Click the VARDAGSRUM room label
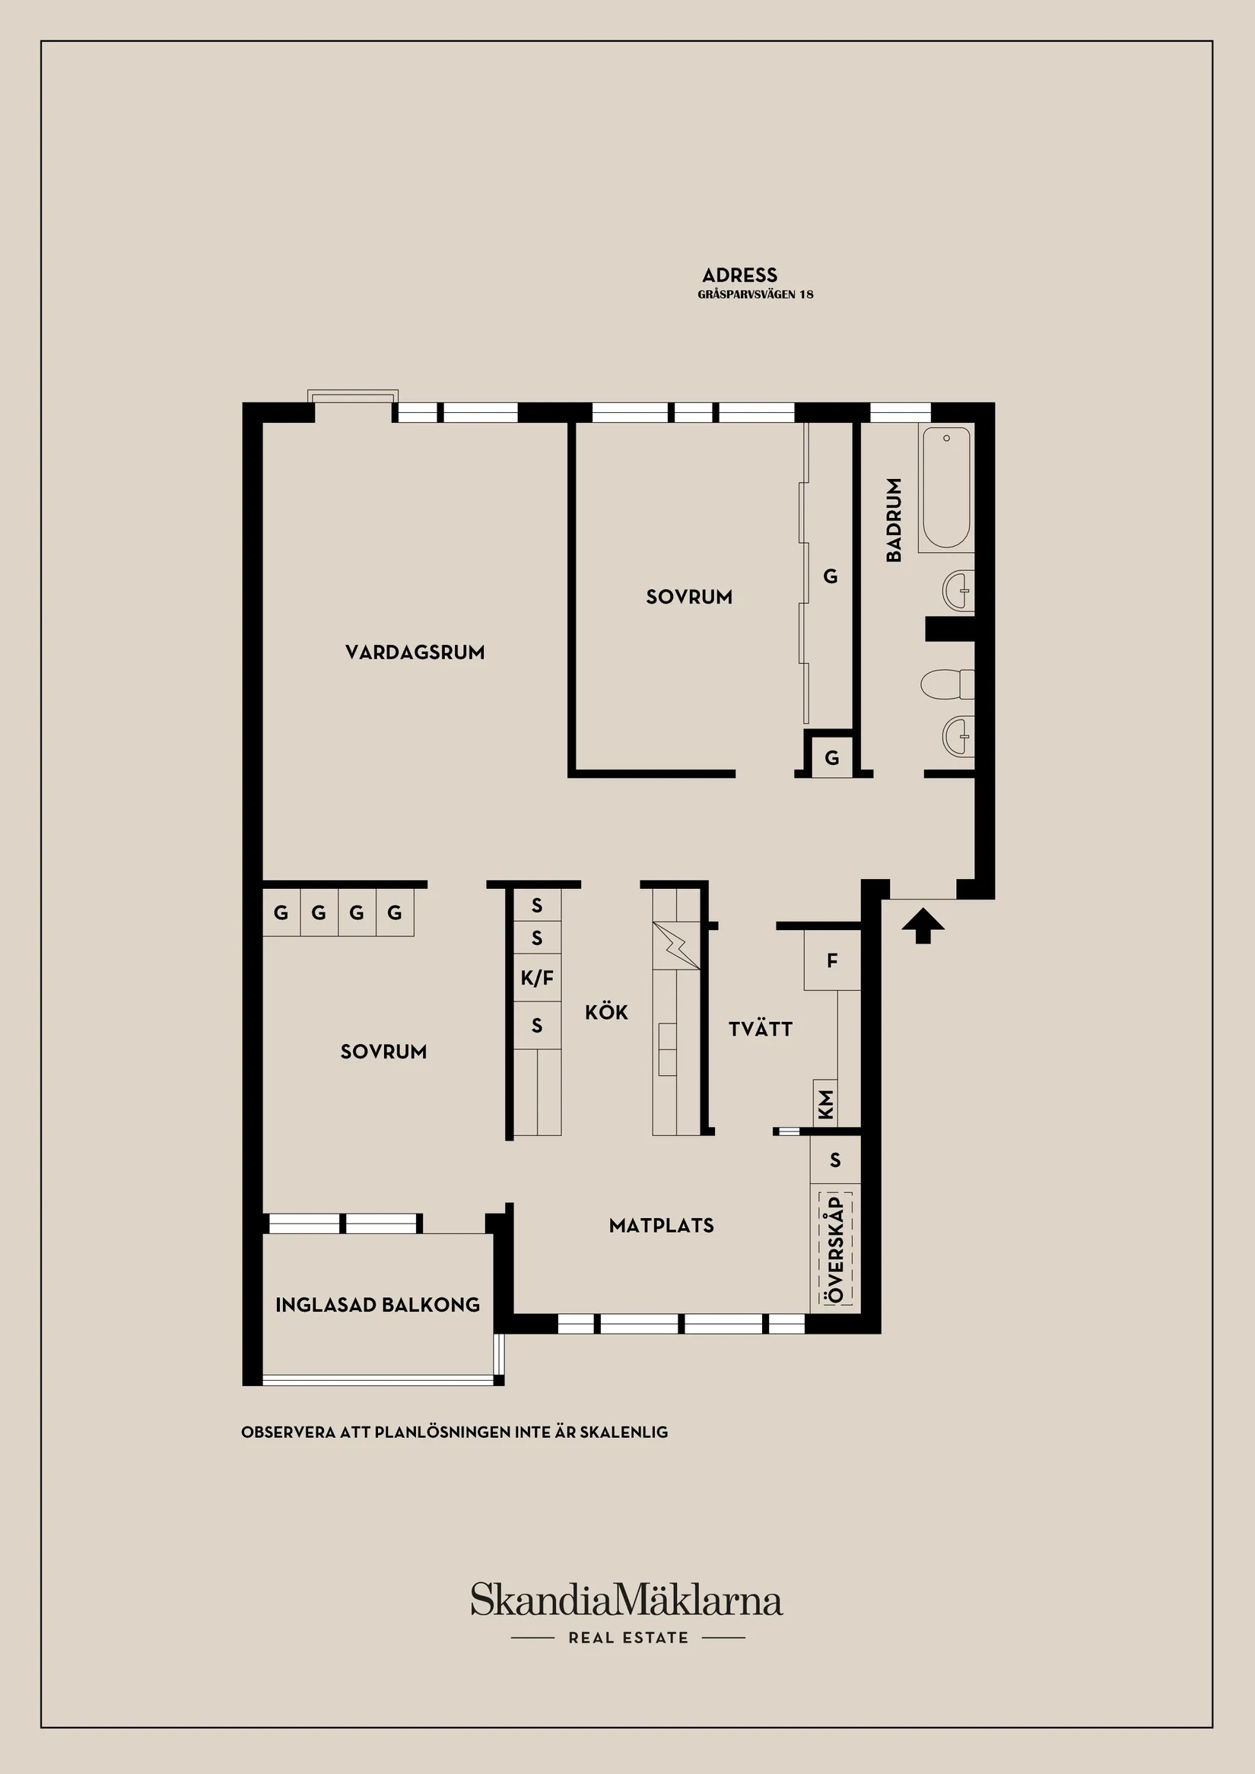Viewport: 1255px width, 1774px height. click(415, 652)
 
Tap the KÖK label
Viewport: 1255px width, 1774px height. click(606, 1012)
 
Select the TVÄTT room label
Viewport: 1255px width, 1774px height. click(761, 1029)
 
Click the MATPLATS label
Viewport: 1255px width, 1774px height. click(662, 1226)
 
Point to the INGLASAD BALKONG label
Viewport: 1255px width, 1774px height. click(378, 1305)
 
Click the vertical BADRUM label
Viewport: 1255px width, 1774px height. click(894, 519)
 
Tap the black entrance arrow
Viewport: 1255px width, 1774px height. click(923, 925)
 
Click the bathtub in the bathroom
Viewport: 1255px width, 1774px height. click(946, 487)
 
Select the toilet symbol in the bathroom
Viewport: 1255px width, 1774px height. click(946, 684)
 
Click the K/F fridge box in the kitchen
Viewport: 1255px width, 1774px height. click(537, 978)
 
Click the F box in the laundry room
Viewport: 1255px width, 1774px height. click(832, 960)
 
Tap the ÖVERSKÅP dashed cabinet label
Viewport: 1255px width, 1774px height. click(835, 1249)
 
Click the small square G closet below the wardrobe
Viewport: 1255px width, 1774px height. click(831, 758)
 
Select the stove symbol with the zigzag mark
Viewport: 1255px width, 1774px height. click(676, 945)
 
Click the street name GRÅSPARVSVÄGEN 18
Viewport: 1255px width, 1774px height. click(755, 294)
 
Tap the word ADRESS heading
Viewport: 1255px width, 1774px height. click(739, 275)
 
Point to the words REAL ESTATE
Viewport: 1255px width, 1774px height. click(628, 1637)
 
